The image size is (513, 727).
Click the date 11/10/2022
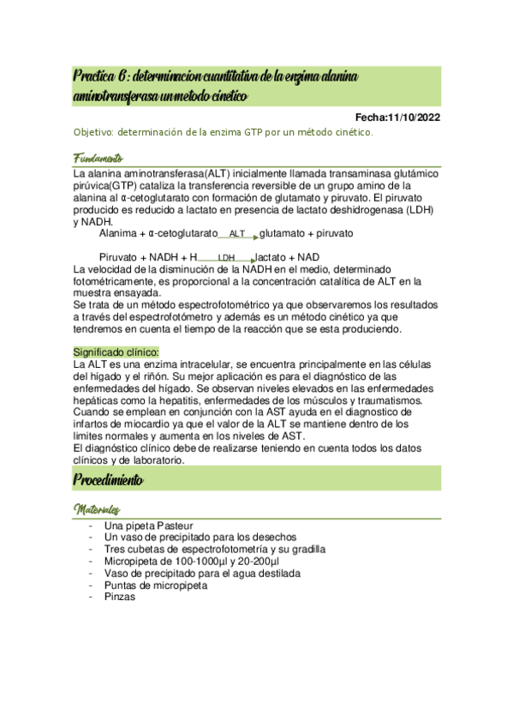414,117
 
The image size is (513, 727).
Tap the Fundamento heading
98,159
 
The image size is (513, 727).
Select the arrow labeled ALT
238,234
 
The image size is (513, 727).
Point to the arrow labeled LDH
227,257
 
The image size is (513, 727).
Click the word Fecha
370,117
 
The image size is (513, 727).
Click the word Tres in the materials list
114,550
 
